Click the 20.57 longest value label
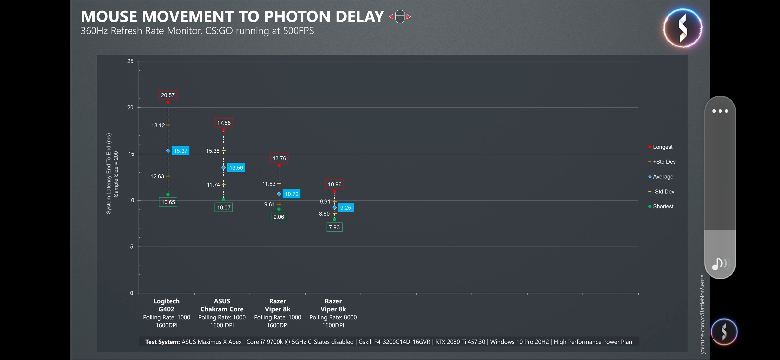tap(168, 95)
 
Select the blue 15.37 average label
tap(180, 151)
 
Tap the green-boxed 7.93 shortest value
tap(334, 227)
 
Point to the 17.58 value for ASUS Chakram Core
tap(224, 123)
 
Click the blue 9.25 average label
tap(346, 208)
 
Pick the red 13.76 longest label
tap(279, 158)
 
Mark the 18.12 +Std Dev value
tap(158, 125)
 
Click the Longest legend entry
tap(662, 147)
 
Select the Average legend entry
tap(663, 177)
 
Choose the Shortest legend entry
tap(663, 207)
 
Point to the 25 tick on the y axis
tap(130, 61)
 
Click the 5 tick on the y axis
tap(132, 247)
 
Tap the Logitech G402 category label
tap(166, 305)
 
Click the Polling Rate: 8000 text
tap(333, 317)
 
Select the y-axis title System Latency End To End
tap(109, 173)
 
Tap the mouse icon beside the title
tap(400, 17)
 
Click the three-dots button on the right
tap(720, 111)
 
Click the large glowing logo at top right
tap(682, 28)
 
